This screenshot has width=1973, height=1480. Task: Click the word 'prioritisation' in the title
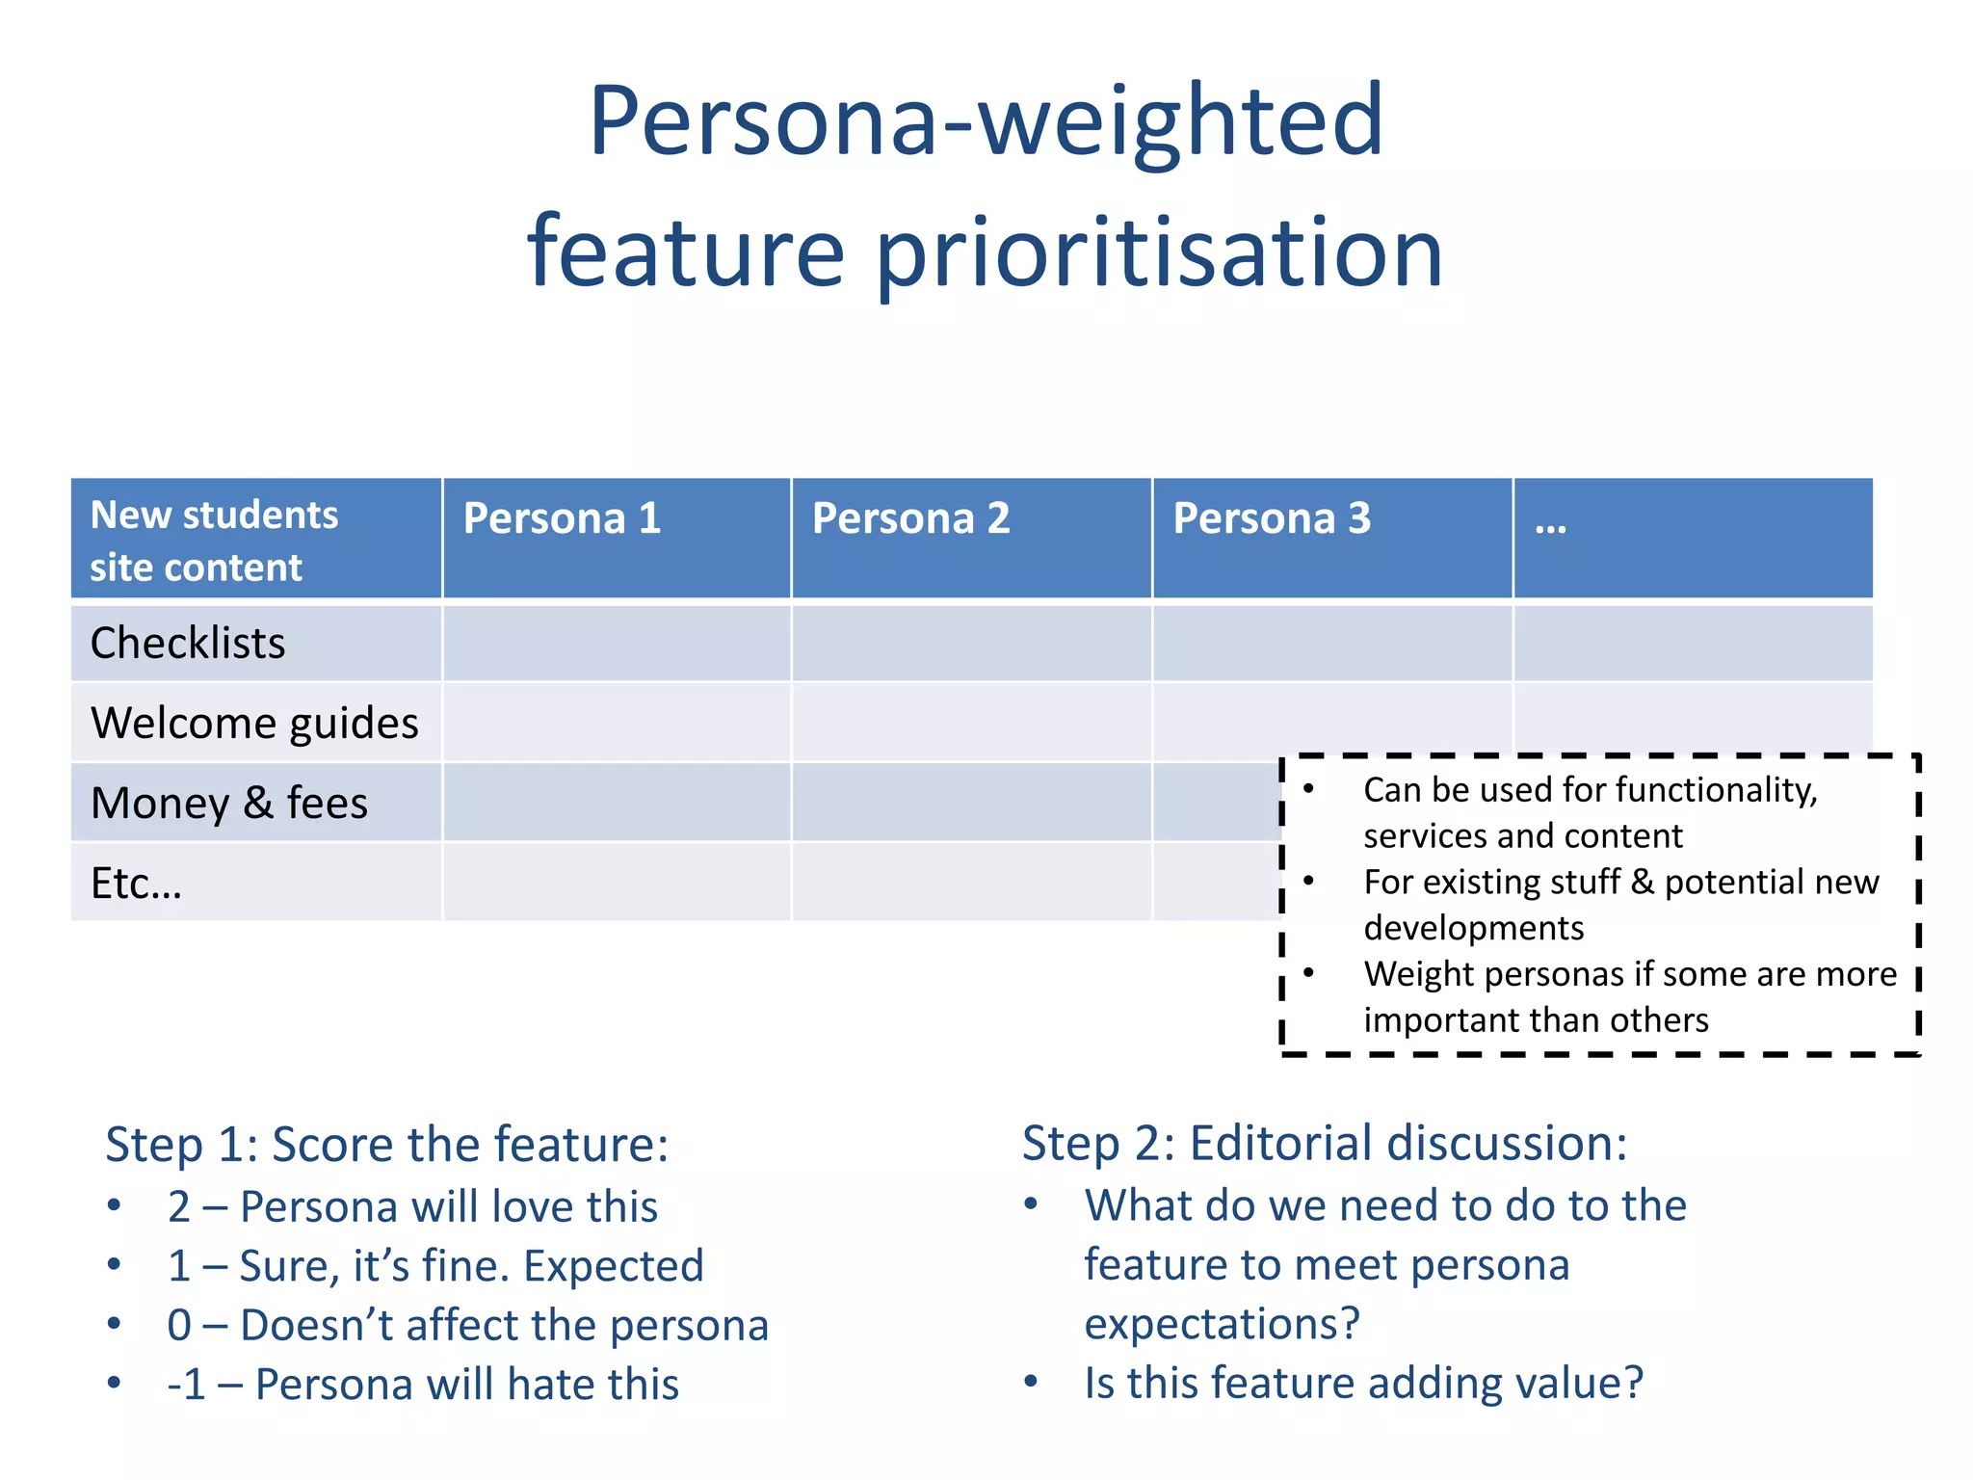pos(1160,252)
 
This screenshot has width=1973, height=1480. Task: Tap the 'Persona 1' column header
pos(562,518)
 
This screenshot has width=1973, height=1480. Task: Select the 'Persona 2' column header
pos(910,518)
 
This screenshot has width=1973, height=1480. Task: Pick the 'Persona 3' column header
pos(1271,518)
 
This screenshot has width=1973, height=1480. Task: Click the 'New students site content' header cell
pos(214,541)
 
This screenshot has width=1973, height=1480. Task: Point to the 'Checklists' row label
pos(188,643)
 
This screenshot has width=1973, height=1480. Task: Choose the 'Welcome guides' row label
pos(254,723)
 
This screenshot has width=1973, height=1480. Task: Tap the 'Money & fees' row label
pos(229,803)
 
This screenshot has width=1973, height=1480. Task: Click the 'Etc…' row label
pos(136,883)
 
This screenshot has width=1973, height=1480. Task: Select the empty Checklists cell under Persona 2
pos(971,643)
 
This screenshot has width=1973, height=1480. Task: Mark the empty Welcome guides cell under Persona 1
pos(617,723)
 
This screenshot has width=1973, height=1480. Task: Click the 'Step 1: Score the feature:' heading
pos(386,1145)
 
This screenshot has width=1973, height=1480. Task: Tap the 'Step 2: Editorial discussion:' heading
pos(1324,1144)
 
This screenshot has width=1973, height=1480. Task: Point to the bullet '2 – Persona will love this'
pos(412,1206)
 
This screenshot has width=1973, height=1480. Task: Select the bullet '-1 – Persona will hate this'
pos(423,1385)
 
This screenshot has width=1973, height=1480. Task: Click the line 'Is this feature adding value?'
pos(1363,1383)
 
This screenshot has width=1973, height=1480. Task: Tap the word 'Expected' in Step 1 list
pos(614,1266)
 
